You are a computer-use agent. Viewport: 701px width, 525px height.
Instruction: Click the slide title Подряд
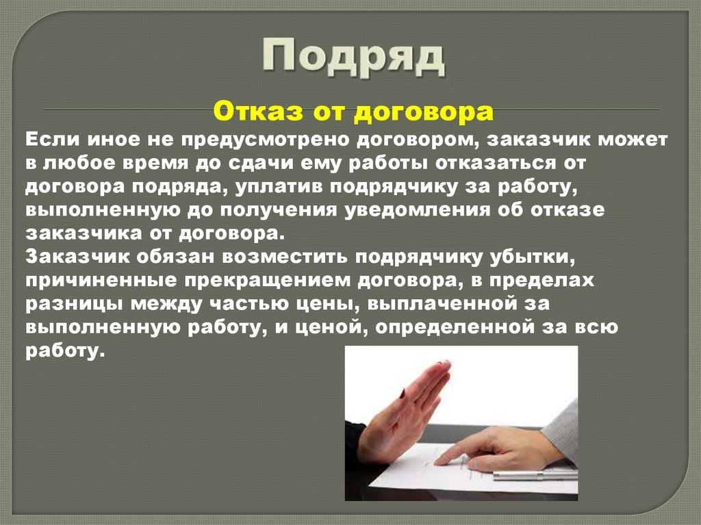coord(353,57)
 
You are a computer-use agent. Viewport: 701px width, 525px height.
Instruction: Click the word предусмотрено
coord(267,140)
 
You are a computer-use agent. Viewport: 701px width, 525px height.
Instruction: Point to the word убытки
coord(531,257)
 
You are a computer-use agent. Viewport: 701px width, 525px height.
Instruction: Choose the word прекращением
coord(280,280)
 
